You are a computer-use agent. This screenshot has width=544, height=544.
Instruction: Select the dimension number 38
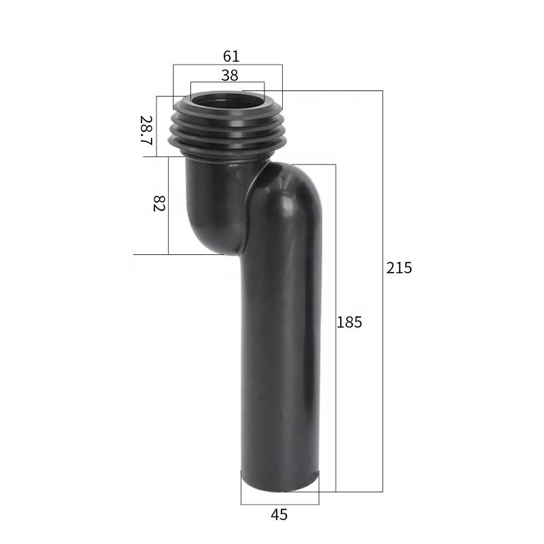coord(230,75)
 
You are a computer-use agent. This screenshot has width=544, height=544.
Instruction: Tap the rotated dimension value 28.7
coord(146,129)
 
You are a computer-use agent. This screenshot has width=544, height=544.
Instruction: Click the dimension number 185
coord(350,322)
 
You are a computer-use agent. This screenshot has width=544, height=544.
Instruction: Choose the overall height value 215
coord(399,268)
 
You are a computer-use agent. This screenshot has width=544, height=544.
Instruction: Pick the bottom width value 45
coord(279,515)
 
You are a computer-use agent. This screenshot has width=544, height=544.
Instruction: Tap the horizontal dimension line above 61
coord(227,65)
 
